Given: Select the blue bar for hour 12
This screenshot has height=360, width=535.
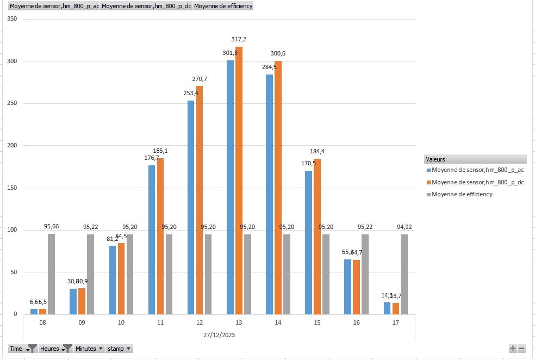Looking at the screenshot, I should coord(191,207).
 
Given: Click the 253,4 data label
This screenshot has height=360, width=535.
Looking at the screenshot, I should coord(191,93).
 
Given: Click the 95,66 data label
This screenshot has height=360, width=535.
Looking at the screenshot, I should coord(52,226).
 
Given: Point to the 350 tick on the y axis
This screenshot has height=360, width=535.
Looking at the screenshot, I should coord(12,19).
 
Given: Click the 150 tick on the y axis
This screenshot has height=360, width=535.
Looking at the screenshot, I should coord(12,188).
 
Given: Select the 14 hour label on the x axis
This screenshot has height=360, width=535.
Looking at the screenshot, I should coord(278,323).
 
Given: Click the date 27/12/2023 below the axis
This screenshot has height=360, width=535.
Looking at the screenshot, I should coord(219,336).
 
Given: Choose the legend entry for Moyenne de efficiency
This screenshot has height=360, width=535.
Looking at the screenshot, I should coord(462,194).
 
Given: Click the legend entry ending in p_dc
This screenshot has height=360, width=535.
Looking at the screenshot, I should coord(477,182).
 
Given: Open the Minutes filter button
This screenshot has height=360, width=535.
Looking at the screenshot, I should coord(89,349).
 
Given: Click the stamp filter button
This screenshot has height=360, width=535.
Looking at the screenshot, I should coord(120,349).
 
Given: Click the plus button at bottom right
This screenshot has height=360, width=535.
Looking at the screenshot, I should coord(513,348).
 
